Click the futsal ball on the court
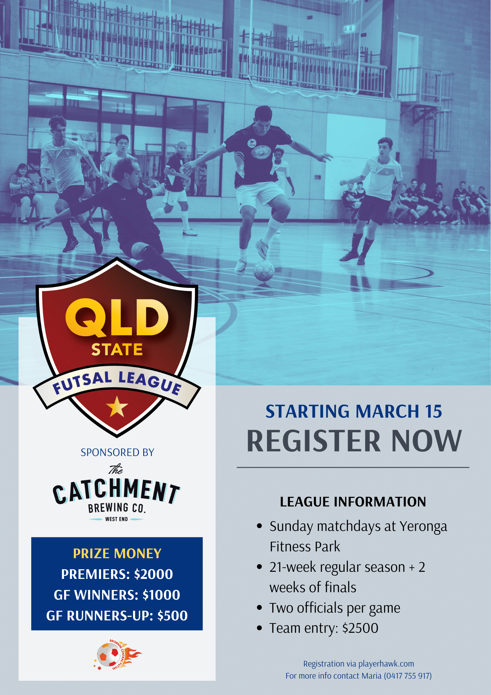(x=264, y=270)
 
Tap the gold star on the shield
(x=117, y=406)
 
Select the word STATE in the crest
(x=117, y=350)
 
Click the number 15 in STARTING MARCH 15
(x=433, y=411)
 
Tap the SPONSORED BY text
(x=117, y=453)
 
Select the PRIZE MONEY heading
(x=117, y=554)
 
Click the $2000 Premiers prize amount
(x=153, y=574)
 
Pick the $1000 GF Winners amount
(x=161, y=595)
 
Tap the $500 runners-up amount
(x=172, y=616)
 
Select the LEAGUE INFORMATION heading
(x=353, y=502)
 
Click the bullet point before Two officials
(x=260, y=608)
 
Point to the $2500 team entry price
(x=360, y=628)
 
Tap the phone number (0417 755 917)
(x=408, y=676)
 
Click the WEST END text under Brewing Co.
(x=116, y=519)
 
